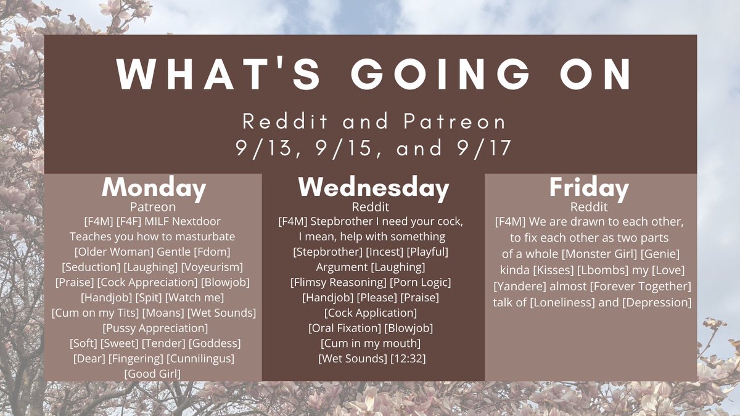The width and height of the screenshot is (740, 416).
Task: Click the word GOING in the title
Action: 440,75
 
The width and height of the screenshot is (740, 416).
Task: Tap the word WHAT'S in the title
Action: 218,75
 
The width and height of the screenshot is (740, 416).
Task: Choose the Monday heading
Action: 154,188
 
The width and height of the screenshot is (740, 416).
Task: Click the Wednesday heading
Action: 374,188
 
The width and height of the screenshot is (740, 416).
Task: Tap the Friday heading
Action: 589,188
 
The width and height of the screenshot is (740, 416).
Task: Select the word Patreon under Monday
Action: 153,207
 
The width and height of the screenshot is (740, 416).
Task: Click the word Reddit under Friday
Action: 589,207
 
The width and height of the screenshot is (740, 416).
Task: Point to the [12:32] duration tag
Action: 408,359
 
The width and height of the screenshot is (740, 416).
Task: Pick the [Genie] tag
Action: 660,254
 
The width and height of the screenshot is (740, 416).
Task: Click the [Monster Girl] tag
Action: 599,254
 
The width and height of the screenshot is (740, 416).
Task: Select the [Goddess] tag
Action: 215,343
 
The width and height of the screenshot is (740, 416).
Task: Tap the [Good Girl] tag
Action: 153,374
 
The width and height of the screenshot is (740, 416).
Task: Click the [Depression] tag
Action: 657,303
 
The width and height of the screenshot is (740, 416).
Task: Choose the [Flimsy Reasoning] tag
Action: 339,283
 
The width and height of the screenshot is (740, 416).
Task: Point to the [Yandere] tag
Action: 520,286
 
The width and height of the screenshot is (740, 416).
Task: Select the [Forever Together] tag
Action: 641,286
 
